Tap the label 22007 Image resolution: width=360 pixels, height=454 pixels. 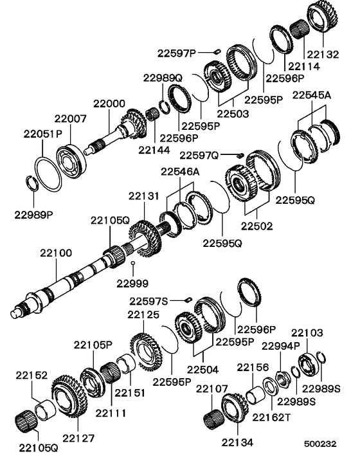(70, 119)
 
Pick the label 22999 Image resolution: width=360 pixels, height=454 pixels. (132, 282)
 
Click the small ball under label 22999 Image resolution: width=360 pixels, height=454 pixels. (132, 264)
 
